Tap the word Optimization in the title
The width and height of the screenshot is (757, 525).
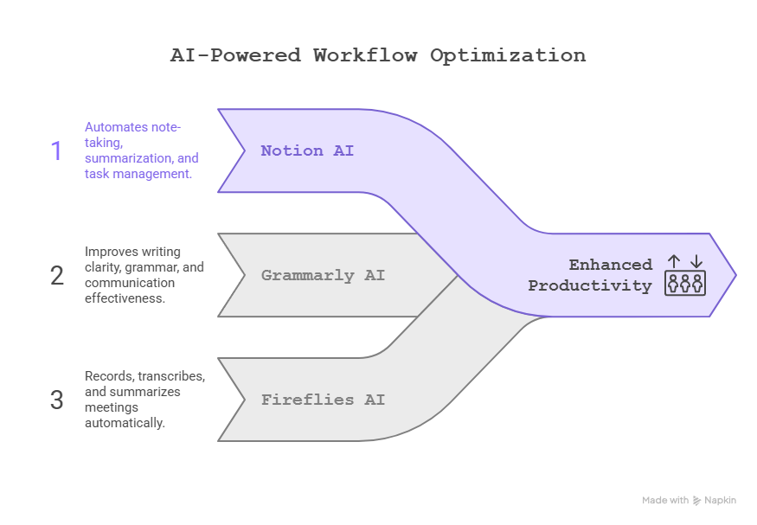[x=508, y=55]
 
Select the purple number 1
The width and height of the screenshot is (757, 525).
[x=57, y=151]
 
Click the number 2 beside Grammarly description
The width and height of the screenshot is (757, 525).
[x=57, y=276]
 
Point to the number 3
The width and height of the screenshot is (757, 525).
[x=57, y=400]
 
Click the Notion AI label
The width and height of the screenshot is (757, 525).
[x=307, y=150]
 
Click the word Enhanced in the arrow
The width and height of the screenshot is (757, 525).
[x=610, y=265]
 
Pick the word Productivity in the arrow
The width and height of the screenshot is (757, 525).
[x=590, y=285]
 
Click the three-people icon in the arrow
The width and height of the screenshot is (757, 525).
[x=685, y=283]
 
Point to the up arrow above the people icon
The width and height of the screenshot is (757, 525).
[x=674, y=260]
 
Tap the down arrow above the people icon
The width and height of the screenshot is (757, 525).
[x=696, y=260]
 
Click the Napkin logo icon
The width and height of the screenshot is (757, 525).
[x=697, y=501]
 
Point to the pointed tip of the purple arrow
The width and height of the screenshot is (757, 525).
[x=735, y=275]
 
